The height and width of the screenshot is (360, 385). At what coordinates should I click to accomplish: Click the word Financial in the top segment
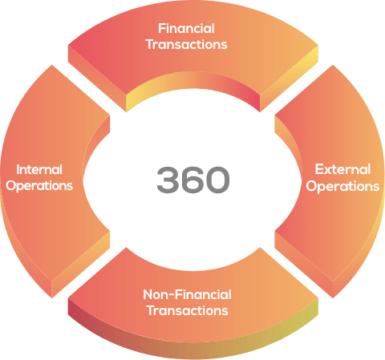[186, 29]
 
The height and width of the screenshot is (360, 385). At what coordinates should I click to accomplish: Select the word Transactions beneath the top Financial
[187, 44]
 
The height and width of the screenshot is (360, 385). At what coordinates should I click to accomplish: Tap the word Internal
[39, 170]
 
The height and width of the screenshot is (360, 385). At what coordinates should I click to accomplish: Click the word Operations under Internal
[39, 186]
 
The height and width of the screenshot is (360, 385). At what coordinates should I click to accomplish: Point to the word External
[342, 169]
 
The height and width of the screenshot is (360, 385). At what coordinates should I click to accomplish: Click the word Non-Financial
[187, 295]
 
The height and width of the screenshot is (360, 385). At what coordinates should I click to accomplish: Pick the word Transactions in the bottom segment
[188, 311]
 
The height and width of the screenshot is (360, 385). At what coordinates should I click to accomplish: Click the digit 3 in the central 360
[168, 180]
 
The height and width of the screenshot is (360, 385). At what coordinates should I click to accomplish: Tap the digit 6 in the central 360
[192, 180]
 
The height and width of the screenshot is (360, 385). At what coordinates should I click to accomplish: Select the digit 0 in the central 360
[217, 180]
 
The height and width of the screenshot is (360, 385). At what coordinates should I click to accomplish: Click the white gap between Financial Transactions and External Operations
[296, 88]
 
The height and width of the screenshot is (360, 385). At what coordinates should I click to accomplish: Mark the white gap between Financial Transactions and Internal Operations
[89, 88]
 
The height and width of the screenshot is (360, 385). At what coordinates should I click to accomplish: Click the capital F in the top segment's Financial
[162, 29]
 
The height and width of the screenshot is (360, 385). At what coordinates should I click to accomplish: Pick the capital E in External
[319, 169]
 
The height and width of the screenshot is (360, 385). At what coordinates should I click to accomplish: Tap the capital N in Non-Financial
[148, 295]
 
